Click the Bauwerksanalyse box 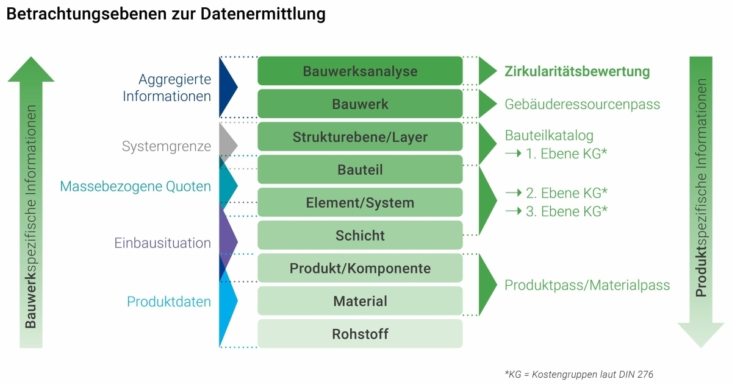point(360,71)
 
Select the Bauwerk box point(360,104)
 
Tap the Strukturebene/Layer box point(360,136)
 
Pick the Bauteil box point(360,169)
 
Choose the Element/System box point(360,202)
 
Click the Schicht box point(360,235)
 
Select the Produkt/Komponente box point(360,268)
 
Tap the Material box point(360,301)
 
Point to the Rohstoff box point(360,334)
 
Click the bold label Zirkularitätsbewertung point(577,71)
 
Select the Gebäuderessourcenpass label point(583,104)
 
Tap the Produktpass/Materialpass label point(587,285)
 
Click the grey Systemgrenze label point(167,146)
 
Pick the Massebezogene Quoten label point(135,186)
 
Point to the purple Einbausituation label point(162,243)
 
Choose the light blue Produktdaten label point(169,302)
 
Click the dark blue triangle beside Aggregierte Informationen point(226,87)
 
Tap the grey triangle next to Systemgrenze point(226,145)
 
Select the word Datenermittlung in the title point(263,15)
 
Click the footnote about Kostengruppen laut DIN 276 point(579,374)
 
